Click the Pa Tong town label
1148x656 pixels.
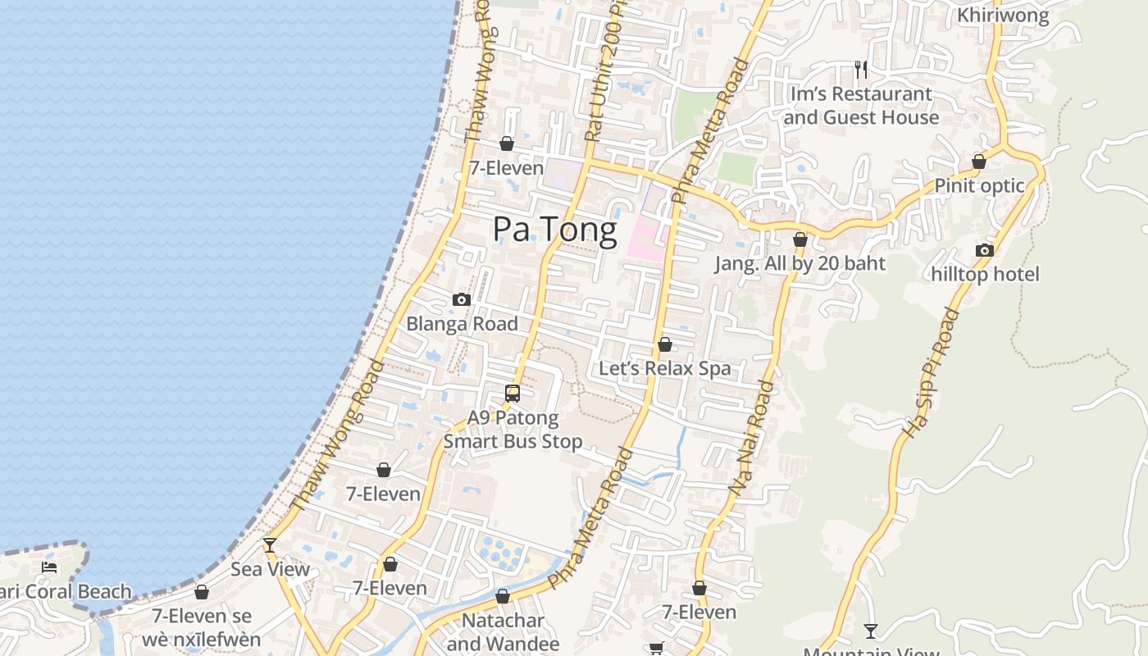point(554,230)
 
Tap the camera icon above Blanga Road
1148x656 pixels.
point(462,300)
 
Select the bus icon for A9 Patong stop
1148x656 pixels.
point(512,394)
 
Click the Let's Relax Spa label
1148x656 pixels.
point(664,368)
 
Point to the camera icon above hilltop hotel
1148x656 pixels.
point(985,250)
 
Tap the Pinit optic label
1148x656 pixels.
point(979,185)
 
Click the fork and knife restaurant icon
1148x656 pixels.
point(861,69)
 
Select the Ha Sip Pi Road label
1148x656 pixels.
point(930,372)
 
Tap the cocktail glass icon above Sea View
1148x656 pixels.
point(270,545)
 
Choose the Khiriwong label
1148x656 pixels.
point(1003,15)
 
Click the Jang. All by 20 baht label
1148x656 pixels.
point(799,263)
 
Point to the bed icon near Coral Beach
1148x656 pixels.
point(49,567)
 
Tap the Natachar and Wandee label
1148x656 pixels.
point(503,631)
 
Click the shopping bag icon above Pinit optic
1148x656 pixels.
point(978,162)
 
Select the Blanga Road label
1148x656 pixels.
point(462,324)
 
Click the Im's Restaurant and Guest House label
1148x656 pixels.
point(861,106)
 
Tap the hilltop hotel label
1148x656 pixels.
point(985,274)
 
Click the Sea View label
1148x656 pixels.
point(270,569)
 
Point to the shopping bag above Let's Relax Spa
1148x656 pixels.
point(665,344)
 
